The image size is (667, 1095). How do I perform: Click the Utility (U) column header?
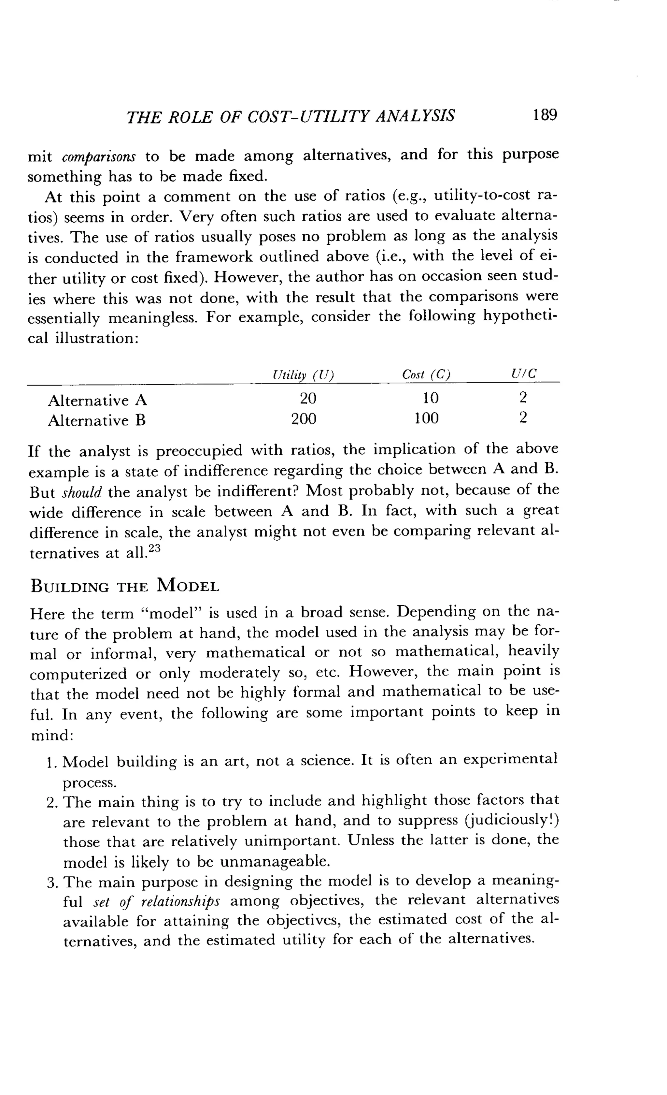point(303,375)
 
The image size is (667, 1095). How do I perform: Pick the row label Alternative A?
point(97,401)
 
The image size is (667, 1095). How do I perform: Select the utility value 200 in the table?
point(304,419)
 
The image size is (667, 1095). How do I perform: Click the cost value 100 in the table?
point(426,418)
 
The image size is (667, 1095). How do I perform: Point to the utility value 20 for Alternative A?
point(308,398)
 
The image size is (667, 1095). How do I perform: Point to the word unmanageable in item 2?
point(275,862)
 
